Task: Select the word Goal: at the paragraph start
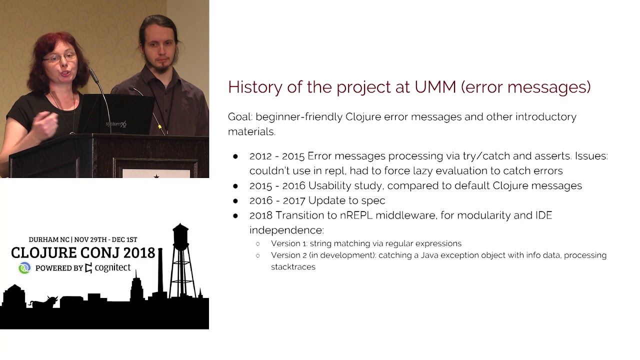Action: [240, 117]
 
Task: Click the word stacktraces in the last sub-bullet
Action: [293, 267]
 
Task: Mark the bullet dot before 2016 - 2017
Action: [235, 201]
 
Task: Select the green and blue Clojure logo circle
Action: [24, 268]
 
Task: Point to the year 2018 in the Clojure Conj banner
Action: [136, 253]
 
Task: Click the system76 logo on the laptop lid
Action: [116, 123]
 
